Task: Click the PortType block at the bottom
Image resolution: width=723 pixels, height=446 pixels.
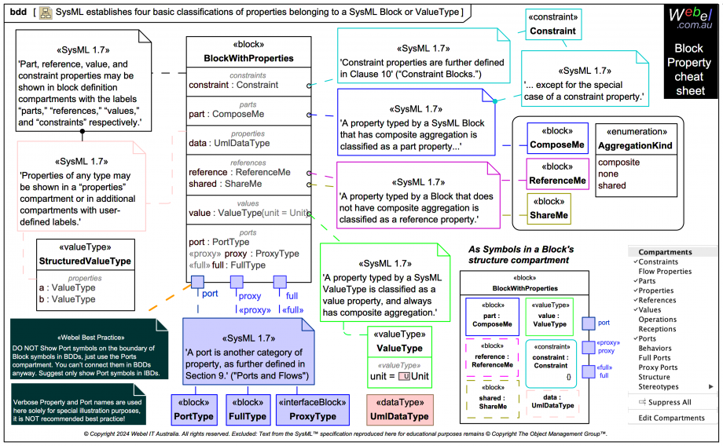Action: (x=193, y=409)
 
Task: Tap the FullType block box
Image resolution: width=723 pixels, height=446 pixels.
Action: (x=248, y=409)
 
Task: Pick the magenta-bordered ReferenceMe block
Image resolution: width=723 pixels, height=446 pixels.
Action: (x=557, y=174)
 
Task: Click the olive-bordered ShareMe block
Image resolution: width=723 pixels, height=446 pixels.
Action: (x=549, y=209)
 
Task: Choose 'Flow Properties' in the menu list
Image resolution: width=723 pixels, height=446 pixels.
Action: (x=665, y=272)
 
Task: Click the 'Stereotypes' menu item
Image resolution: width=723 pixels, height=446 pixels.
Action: (x=659, y=386)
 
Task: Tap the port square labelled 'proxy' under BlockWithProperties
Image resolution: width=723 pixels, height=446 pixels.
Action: (x=236, y=282)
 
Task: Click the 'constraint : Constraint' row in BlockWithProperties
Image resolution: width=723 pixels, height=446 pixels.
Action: (x=234, y=85)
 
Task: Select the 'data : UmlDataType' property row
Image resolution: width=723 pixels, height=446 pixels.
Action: (x=229, y=143)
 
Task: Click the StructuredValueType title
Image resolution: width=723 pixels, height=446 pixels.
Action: (x=85, y=261)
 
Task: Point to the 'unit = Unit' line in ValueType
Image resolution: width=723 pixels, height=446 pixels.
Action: (x=399, y=376)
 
